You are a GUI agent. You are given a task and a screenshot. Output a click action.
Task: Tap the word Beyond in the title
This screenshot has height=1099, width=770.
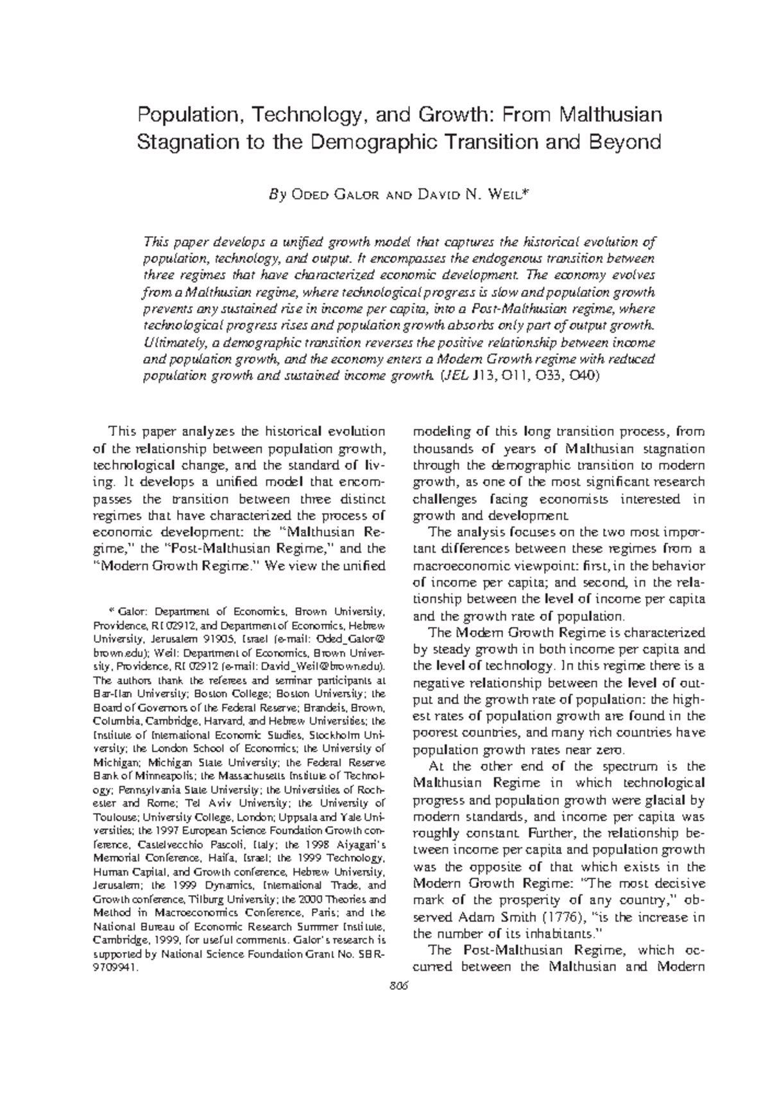(x=627, y=142)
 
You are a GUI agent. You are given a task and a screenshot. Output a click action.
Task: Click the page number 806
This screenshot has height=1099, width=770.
(x=398, y=986)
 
